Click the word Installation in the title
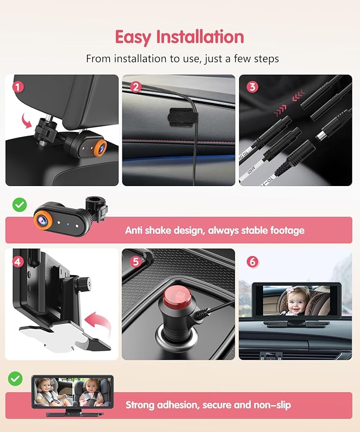click(x=200, y=37)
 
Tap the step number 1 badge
click(x=19, y=86)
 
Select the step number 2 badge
click(x=135, y=86)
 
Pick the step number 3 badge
click(x=252, y=86)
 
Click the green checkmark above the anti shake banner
click(x=19, y=205)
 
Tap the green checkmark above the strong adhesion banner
click(x=16, y=378)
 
